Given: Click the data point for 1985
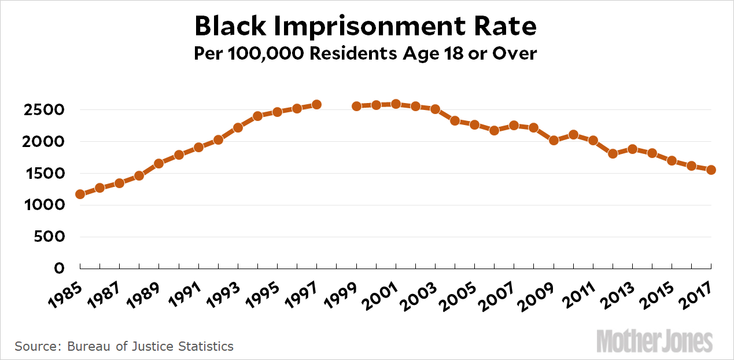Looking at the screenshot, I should [x=80, y=194].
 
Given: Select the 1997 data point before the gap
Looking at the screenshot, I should [x=316, y=105].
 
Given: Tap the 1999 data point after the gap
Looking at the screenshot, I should [x=356, y=106].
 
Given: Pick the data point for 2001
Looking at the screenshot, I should [x=396, y=104].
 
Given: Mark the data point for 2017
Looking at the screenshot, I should [x=711, y=170].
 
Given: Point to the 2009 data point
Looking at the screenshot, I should [x=554, y=140].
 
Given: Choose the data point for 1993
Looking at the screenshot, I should [x=238, y=127].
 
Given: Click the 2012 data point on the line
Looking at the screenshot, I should [x=613, y=154].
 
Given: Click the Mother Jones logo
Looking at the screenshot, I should [x=654, y=340].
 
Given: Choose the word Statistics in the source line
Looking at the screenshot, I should [x=204, y=347].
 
